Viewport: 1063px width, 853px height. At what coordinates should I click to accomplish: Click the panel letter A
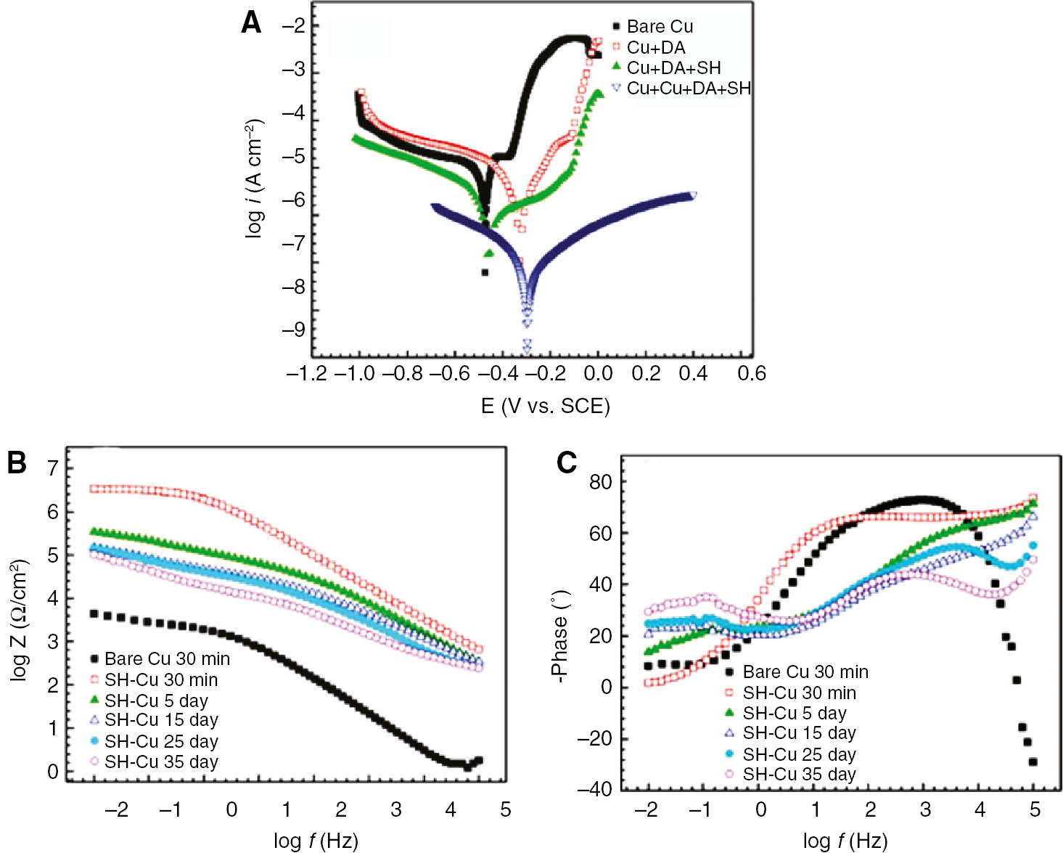[251, 23]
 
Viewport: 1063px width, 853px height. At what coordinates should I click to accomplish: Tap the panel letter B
[17, 462]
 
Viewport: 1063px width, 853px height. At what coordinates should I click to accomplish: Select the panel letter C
[567, 462]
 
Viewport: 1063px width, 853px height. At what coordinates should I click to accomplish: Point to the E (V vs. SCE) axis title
[545, 406]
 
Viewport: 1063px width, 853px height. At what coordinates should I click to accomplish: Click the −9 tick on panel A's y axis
[292, 330]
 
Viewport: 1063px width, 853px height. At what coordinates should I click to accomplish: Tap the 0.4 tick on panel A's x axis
[693, 374]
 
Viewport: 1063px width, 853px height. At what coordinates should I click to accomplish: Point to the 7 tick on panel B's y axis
[52, 468]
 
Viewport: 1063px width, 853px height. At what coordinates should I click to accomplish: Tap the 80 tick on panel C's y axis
[600, 482]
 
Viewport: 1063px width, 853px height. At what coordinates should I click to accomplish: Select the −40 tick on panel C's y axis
[594, 789]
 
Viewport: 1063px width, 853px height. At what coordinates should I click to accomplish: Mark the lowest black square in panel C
[1033, 762]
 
